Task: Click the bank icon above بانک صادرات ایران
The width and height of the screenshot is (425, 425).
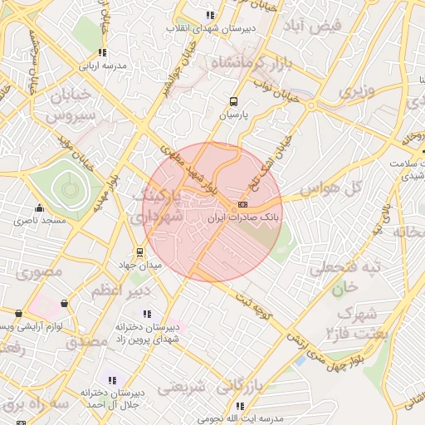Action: (242, 204)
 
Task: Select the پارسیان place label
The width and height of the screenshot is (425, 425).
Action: (234, 116)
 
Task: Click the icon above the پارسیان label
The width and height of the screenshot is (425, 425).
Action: (234, 103)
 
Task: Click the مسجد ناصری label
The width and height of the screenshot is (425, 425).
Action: (38, 222)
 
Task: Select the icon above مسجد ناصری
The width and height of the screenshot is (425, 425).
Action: (38, 208)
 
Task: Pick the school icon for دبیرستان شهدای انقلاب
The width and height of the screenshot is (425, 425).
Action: (211, 15)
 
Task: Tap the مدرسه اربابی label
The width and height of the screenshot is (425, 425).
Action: (103, 65)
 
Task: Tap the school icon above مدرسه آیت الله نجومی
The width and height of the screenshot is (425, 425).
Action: (241, 406)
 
